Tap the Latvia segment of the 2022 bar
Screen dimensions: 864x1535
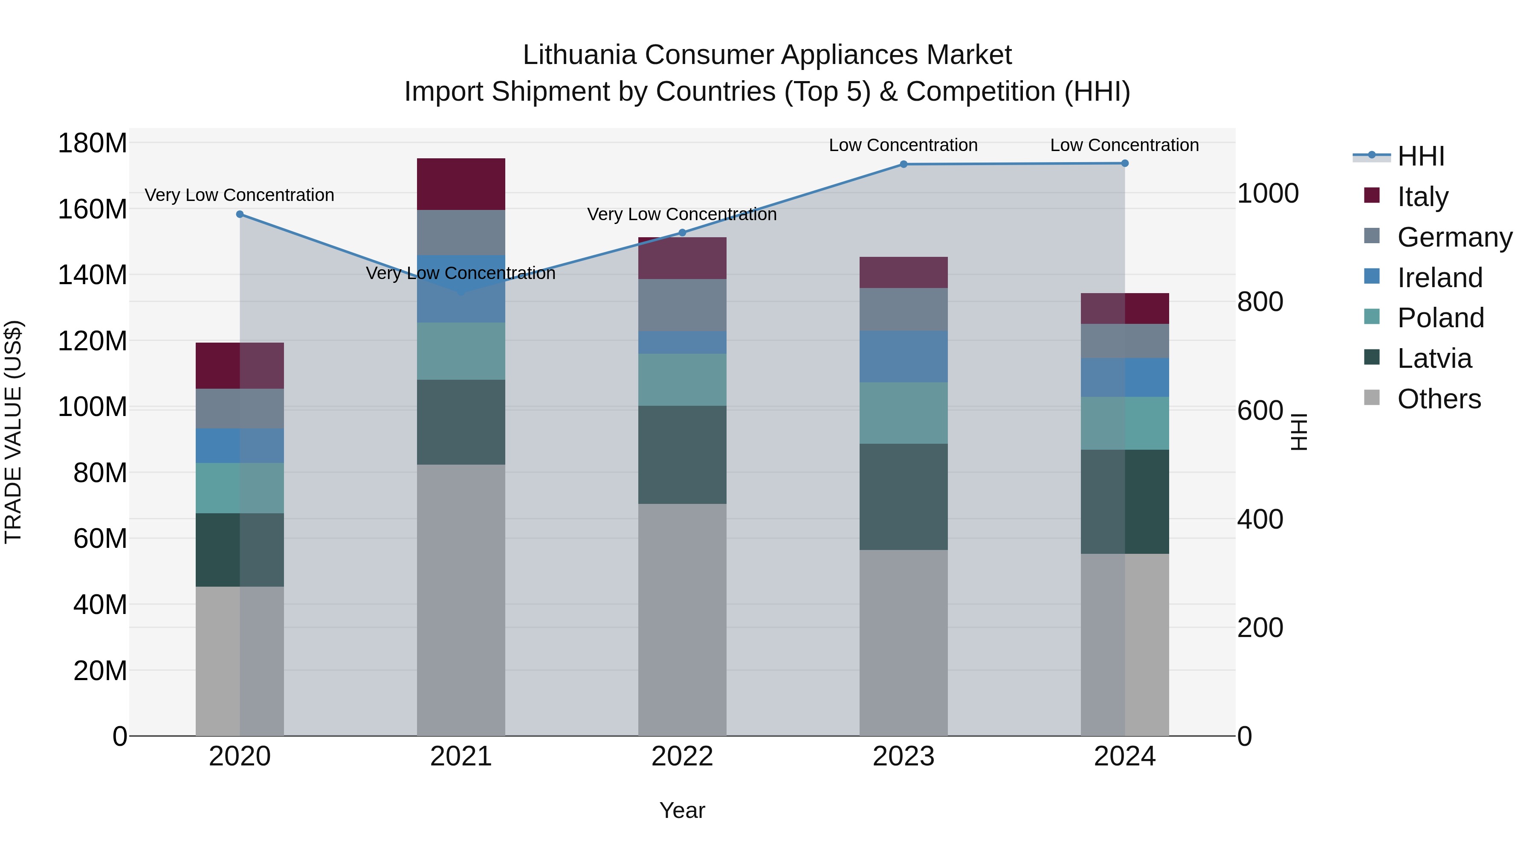click(682, 454)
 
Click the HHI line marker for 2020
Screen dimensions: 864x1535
click(240, 214)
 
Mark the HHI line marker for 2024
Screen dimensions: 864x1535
click(1124, 163)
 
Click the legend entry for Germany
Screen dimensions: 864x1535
click(1454, 237)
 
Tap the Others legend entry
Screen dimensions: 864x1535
click(1439, 399)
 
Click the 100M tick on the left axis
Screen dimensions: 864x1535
click(93, 407)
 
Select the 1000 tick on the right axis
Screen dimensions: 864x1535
click(1268, 193)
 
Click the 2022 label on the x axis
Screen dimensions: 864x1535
click(682, 756)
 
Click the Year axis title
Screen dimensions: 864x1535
click(682, 810)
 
